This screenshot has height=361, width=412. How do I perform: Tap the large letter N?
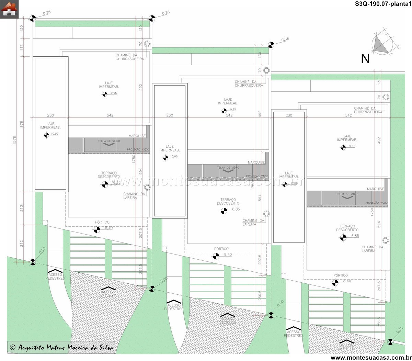coord(365,59)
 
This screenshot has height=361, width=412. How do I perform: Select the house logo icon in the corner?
coord(9,9)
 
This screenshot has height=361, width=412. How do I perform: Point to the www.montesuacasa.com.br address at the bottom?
coord(370,358)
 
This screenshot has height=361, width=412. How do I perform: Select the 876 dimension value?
coord(22,124)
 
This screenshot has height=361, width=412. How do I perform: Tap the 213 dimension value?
coord(22,208)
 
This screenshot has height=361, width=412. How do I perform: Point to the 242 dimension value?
coord(22,244)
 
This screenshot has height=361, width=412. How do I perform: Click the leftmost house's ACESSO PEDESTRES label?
coord(55,276)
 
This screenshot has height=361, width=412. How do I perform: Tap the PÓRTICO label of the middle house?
coord(221,249)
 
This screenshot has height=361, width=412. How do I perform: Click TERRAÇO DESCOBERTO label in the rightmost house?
coord(347,228)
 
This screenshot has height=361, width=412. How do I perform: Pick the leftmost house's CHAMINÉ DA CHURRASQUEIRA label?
coord(130,57)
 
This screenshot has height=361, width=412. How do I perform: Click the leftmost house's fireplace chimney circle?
coord(147,187)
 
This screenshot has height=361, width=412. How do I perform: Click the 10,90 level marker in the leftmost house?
coord(47,135)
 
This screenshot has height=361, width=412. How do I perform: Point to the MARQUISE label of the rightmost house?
coord(375,189)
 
